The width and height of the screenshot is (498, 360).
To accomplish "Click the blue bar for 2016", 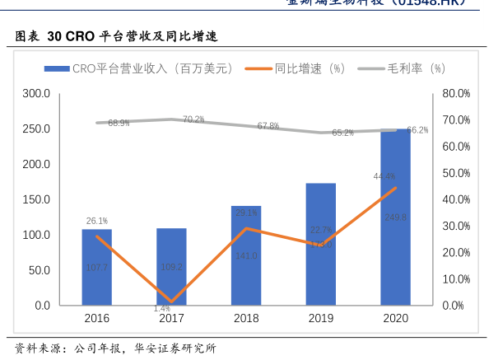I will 96,267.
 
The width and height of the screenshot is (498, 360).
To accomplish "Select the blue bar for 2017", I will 171,267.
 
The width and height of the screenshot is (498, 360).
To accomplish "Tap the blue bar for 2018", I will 246,255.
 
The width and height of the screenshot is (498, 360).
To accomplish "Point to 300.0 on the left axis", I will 36,94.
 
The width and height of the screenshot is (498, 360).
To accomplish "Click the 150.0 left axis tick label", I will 36,200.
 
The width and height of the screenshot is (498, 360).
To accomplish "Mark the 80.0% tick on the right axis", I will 456,94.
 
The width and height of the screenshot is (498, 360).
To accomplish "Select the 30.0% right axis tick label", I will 456,226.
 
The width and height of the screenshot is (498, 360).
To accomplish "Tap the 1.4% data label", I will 161,309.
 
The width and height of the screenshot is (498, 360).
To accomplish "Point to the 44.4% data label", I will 384,176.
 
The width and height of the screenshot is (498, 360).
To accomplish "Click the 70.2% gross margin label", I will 193,119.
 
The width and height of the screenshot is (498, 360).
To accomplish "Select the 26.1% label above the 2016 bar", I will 97,221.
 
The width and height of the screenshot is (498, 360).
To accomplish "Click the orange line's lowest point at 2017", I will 171,302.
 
